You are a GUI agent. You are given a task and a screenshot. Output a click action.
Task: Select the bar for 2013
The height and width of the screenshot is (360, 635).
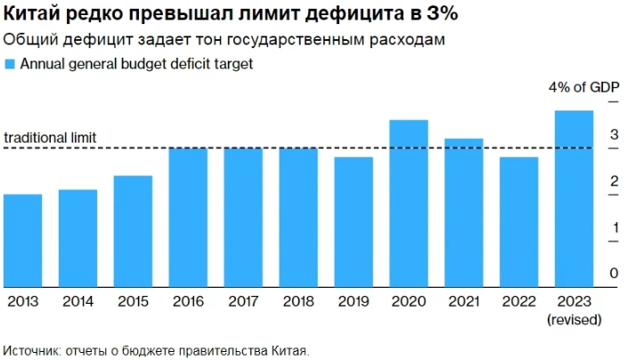(x=22, y=241)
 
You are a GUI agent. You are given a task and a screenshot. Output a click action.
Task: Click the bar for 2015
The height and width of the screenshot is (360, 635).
(x=133, y=232)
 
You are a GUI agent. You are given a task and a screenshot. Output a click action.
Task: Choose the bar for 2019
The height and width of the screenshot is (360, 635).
(x=354, y=222)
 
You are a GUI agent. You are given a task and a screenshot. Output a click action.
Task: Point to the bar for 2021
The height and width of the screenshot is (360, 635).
(x=464, y=213)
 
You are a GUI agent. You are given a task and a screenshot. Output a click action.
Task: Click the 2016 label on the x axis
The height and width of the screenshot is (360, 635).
(x=188, y=302)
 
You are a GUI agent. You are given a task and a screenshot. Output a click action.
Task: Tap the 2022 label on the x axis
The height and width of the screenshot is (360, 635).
(x=518, y=302)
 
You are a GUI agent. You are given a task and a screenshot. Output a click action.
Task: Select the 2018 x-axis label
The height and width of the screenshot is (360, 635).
(x=298, y=302)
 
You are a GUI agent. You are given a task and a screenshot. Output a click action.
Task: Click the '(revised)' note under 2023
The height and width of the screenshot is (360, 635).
(x=574, y=318)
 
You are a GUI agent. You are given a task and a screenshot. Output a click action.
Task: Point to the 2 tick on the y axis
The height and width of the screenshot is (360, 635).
(x=614, y=182)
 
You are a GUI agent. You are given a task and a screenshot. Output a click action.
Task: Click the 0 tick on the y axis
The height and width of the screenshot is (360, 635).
(x=614, y=274)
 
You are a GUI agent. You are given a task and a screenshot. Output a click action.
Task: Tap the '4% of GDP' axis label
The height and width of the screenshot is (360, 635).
(x=583, y=87)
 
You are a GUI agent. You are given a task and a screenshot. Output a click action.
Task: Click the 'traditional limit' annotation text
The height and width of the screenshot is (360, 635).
(x=50, y=138)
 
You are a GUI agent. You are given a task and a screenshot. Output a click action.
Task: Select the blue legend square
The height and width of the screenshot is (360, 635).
(x=10, y=64)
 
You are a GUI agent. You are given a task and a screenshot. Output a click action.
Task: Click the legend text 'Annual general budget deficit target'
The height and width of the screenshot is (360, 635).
(x=136, y=64)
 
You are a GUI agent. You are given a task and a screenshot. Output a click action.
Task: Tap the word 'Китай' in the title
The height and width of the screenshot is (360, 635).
(x=34, y=16)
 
